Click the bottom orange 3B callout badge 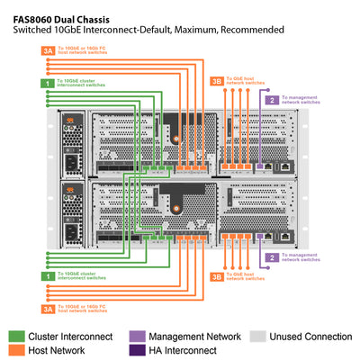[216, 277]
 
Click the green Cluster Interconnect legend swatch [17, 336]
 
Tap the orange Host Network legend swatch [17, 350]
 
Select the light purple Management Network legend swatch [136, 336]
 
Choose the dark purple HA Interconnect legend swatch [136, 350]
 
